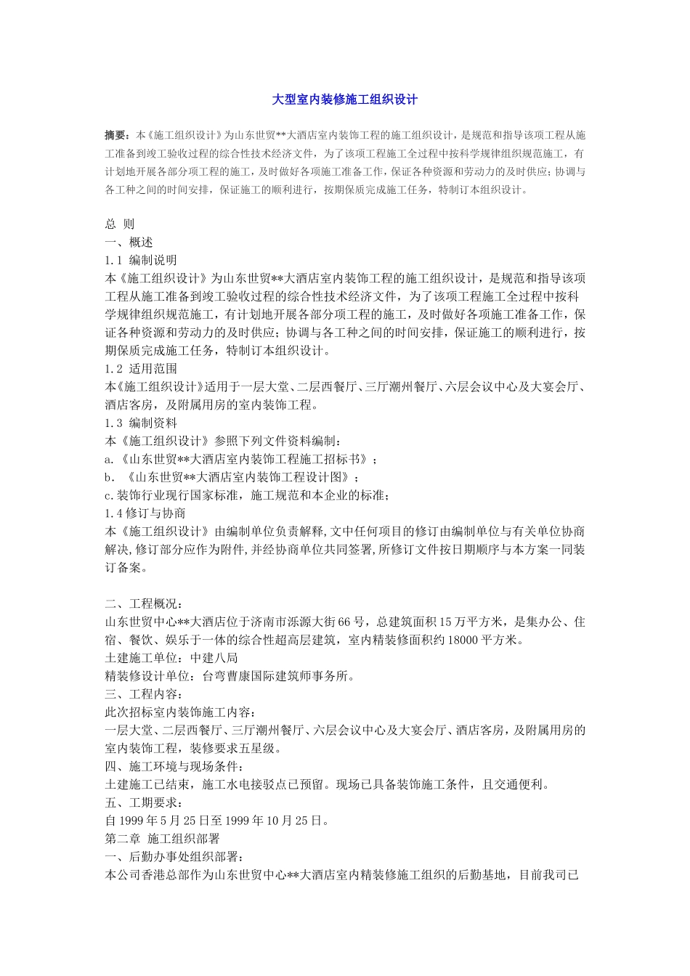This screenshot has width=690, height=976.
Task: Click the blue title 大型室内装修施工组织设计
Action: [344, 99]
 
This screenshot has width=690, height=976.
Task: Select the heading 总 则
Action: [120, 224]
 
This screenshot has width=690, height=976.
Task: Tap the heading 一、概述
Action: [129, 243]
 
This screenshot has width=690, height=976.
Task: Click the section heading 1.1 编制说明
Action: [141, 260]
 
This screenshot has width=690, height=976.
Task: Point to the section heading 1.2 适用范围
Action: [141, 369]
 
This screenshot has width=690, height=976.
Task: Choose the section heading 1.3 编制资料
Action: [141, 423]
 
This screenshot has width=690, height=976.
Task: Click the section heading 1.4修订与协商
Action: [145, 513]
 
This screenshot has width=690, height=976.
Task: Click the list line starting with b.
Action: [232, 477]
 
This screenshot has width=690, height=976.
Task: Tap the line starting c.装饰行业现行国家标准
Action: [247, 495]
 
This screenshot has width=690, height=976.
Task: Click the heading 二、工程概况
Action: [139, 604]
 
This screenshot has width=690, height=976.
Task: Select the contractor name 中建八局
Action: [214, 658]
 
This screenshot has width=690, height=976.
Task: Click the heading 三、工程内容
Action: [139, 694]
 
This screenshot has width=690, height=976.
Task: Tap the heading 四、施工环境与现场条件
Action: [174, 767]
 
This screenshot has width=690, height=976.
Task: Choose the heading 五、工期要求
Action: [139, 803]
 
